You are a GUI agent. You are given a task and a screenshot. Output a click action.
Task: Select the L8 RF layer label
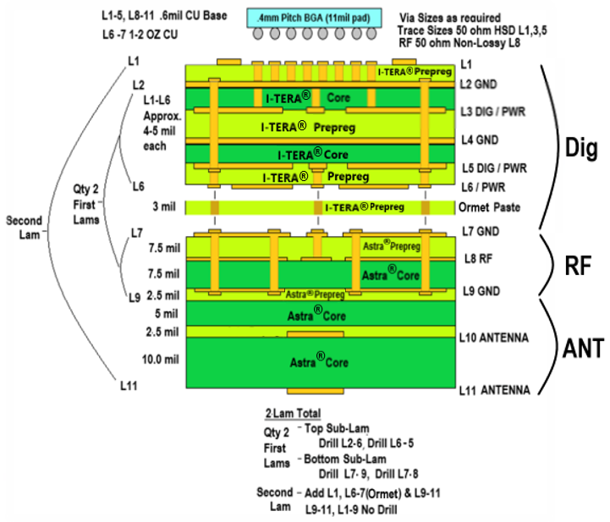[476, 259]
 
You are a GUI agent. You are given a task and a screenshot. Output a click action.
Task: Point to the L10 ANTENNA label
[494, 338]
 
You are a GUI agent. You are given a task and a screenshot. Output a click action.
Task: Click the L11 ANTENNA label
[494, 391]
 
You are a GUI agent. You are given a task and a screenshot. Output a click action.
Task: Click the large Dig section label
[581, 146]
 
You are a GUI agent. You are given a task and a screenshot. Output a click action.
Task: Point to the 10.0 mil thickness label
[160, 360]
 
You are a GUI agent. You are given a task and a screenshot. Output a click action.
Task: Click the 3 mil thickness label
[165, 206]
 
